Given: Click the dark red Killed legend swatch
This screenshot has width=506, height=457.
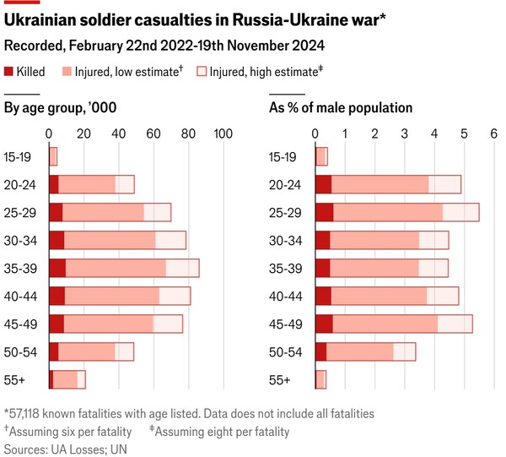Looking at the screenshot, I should tap(9, 73).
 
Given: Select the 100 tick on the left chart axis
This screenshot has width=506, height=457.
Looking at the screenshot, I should tap(223, 133).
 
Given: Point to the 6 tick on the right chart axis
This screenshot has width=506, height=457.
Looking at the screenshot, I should tap(494, 133).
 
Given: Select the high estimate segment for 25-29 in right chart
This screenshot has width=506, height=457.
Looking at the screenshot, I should tap(460, 212).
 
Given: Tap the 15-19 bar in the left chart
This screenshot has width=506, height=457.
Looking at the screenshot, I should tap(53, 156).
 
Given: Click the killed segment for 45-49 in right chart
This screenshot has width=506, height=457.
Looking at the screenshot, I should tap(324, 324).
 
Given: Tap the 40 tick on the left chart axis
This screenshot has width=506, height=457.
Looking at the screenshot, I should tap(118, 133).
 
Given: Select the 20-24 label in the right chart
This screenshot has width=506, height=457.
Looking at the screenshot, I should tap(283, 184).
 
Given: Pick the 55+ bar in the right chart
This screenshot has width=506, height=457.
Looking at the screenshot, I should tap(320, 379).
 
